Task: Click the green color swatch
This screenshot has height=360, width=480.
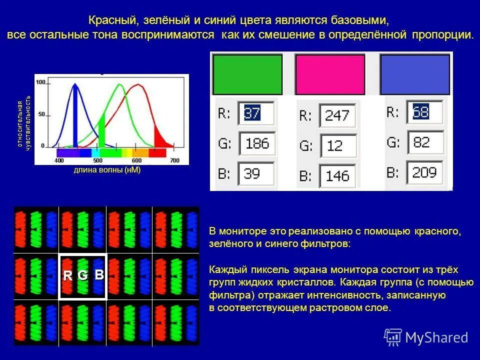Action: (x=248, y=74)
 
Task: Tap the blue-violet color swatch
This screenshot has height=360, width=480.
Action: (x=413, y=74)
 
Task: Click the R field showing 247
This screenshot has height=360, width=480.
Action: (x=338, y=116)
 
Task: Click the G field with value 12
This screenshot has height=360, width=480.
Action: (x=338, y=145)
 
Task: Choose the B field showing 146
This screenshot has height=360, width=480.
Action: (x=338, y=175)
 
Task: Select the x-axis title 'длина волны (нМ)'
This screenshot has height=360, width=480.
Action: (x=107, y=170)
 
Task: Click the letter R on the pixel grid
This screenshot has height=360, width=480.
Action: (x=67, y=275)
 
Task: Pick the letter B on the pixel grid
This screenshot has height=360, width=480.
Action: (x=99, y=274)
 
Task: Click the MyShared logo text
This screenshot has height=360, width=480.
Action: (x=436, y=337)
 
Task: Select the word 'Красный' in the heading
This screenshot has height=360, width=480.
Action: (x=113, y=21)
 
